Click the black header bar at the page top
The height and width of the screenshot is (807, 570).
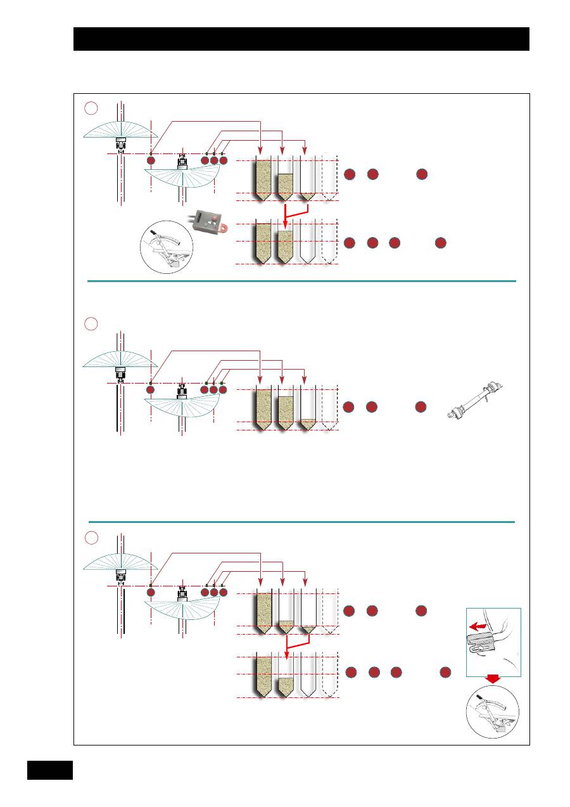click(301, 39)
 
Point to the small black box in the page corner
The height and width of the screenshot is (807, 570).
click(50, 770)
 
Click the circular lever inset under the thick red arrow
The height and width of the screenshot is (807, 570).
click(492, 710)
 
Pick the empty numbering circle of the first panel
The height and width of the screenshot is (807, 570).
click(91, 108)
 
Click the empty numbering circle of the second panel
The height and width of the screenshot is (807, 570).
click(91, 324)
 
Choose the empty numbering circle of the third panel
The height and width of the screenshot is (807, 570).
click(91, 538)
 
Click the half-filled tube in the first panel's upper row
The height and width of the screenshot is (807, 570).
click(286, 185)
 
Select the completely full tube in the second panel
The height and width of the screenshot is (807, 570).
click(262, 409)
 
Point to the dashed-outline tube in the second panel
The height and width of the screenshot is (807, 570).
click(329, 409)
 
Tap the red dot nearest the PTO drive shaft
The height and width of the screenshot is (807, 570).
click(421, 406)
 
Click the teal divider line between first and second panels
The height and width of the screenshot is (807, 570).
click(301, 280)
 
